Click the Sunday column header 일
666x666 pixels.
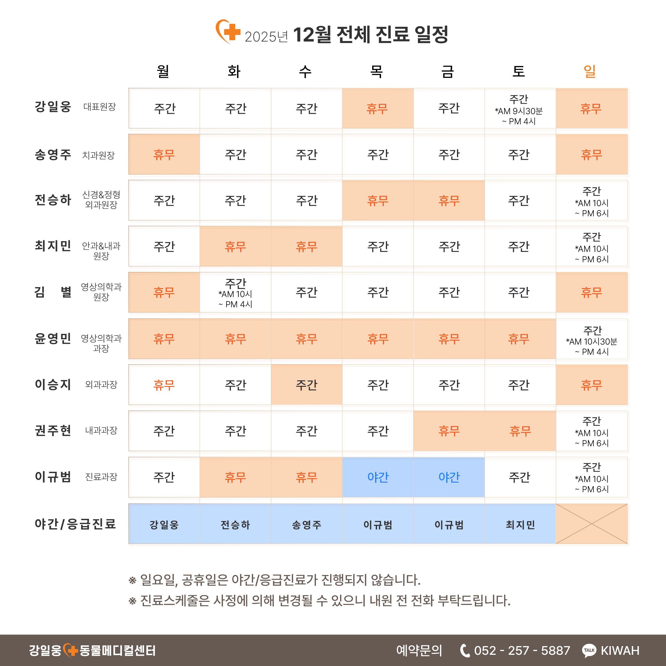[589, 71]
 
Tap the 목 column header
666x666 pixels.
[376, 71]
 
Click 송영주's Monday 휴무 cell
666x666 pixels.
[164, 154]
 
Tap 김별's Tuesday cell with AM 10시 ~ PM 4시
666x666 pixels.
[235, 293]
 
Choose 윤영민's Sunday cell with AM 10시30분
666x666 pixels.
[591, 340]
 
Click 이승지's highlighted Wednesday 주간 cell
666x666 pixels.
[307, 385]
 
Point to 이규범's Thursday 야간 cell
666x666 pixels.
[378, 477]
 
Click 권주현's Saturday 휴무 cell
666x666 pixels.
[520, 431]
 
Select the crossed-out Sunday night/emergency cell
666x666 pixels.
[591, 524]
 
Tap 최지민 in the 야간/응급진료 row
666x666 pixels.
[520, 524]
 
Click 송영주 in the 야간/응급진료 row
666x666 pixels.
[307, 524]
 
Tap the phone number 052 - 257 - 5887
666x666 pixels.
[522, 651]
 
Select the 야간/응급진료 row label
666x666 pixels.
[75, 524]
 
